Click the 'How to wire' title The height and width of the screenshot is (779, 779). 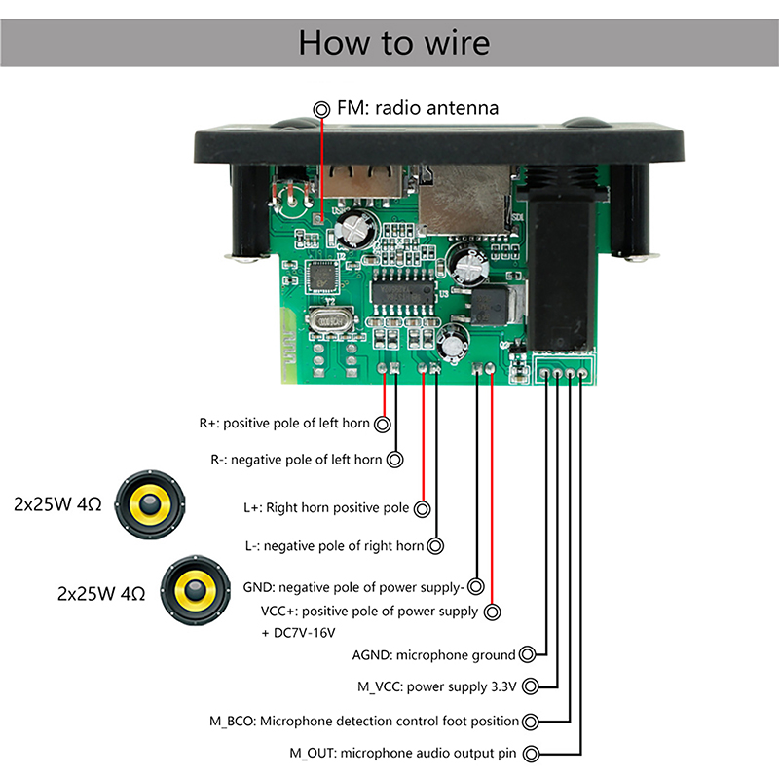pos(393,44)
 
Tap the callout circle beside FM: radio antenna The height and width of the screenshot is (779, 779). pos(321,109)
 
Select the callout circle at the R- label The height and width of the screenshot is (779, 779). pos(395,459)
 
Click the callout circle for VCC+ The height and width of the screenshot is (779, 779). pos(493,612)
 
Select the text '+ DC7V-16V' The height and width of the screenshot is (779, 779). pos(298,633)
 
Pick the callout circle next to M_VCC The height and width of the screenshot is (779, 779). pos(530,686)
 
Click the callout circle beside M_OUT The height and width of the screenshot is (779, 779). pos(531,754)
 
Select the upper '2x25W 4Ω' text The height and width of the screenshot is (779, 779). pos(58,504)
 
